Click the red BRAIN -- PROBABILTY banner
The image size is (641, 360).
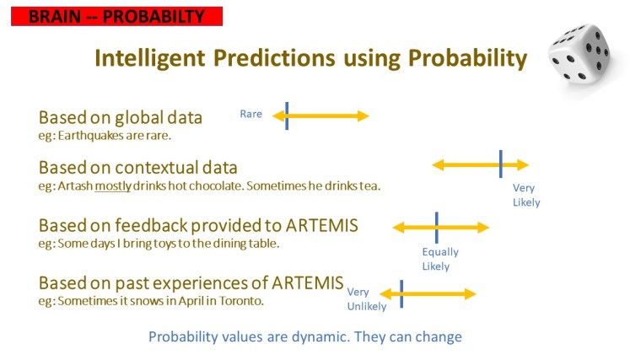(116, 16)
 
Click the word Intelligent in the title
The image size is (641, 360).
(152, 58)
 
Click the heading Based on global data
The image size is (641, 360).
(121, 117)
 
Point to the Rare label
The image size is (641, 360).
(250, 114)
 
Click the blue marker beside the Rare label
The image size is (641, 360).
(287, 116)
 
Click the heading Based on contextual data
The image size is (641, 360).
(137, 167)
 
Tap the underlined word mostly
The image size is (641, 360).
(112, 185)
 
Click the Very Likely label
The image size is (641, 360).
(525, 195)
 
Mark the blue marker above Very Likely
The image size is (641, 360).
(500, 164)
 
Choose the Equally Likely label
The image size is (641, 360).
(440, 259)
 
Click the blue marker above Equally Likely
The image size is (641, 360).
(436, 227)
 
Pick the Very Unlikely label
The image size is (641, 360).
(366, 299)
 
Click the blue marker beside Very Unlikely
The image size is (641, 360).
(401, 293)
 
